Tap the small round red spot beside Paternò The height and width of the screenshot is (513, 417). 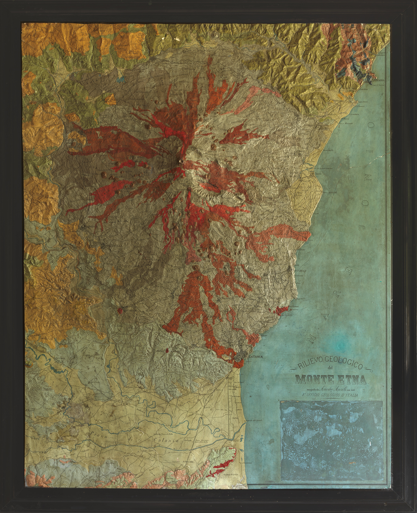(120, 310)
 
